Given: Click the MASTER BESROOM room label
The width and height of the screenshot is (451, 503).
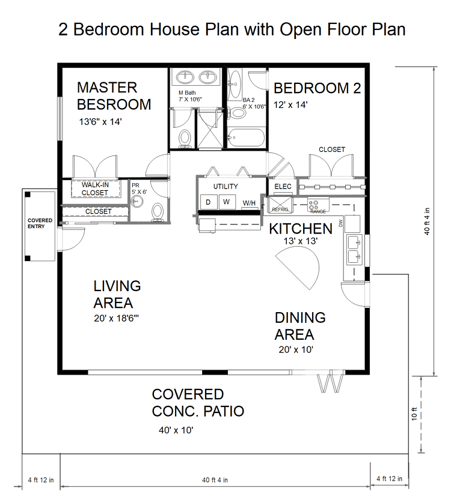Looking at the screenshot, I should click(x=114, y=96).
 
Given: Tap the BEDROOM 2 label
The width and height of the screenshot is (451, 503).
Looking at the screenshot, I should click(x=317, y=89).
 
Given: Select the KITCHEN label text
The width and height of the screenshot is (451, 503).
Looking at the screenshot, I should click(x=300, y=229).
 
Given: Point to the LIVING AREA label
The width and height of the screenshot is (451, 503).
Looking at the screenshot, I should click(x=117, y=294).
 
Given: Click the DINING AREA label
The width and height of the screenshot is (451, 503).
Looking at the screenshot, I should click(x=300, y=326).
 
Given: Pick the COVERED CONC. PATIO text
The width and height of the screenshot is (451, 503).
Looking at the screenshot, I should click(x=198, y=403).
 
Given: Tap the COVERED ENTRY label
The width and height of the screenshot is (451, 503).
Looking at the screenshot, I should click(x=40, y=223).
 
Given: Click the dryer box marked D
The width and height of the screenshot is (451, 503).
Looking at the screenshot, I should click(x=208, y=202).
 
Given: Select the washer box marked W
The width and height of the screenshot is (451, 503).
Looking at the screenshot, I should click(x=227, y=202).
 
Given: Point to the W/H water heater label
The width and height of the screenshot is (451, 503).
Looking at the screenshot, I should click(x=249, y=203).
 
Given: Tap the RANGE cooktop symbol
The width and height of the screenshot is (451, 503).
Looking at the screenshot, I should click(x=318, y=205).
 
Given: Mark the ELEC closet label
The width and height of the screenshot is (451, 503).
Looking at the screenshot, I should click(x=283, y=187).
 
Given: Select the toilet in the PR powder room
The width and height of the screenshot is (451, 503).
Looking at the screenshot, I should click(x=159, y=211).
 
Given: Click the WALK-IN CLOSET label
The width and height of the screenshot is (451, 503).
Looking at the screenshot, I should click(x=95, y=189).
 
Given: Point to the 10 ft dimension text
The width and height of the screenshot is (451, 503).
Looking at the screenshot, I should click(x=414, y=414).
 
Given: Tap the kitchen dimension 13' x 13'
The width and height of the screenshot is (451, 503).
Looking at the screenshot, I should click(x=300, y=241).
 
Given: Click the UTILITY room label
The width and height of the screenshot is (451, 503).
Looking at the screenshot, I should click(x=226, y=187).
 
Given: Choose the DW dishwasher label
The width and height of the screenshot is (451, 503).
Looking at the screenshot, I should click(x=340, y=223).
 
